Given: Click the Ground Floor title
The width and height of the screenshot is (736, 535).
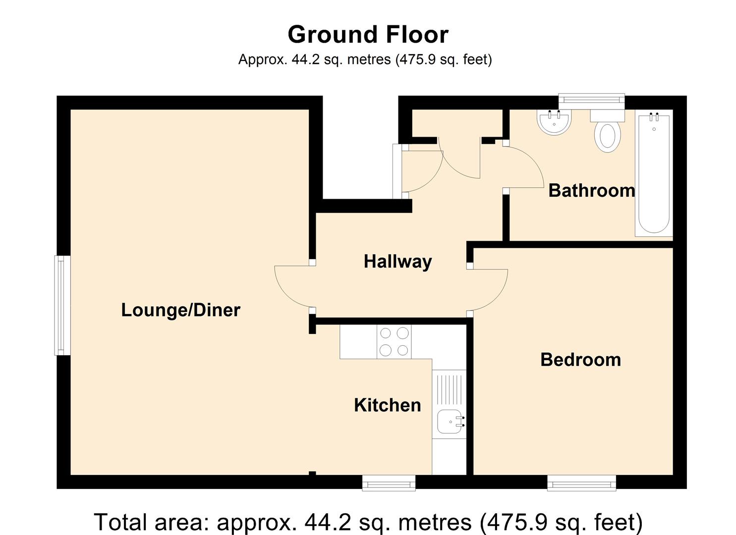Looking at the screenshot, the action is [x=368, y=35].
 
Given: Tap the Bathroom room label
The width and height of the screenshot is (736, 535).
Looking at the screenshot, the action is [x=592, y=191].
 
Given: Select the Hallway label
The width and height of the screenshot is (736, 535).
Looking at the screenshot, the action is [x=397, y=262].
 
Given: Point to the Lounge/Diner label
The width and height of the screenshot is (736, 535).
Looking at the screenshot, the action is [x=181, y=310].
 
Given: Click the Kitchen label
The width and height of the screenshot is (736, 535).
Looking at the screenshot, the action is [x=388, y=405].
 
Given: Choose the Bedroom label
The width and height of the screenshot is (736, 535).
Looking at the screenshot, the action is [x=580, y=360].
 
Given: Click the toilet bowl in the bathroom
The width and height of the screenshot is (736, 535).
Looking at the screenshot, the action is [x=608, y=137].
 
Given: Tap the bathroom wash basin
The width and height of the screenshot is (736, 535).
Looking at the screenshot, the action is [x=554, y=121].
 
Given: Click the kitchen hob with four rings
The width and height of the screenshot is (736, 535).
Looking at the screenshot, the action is [x=394, y=342].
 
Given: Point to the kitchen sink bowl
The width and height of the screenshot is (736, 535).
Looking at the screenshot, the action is [x=450, y=422].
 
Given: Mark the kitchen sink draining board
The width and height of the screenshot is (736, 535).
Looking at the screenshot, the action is [x=449, y=390].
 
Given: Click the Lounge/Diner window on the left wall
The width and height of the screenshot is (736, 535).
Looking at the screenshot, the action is [x=62, y=306].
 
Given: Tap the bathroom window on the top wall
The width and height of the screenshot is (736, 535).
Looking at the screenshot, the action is [x=591, y=102].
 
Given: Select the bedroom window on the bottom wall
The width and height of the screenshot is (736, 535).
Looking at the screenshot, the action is [x=581, y=483].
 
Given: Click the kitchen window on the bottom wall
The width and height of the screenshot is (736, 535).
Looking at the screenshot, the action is [x=389, y=483].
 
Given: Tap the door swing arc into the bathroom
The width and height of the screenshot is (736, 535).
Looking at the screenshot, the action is [x=534, y=161].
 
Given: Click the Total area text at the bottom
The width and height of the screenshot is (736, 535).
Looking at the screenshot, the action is [x=368, y=522].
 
